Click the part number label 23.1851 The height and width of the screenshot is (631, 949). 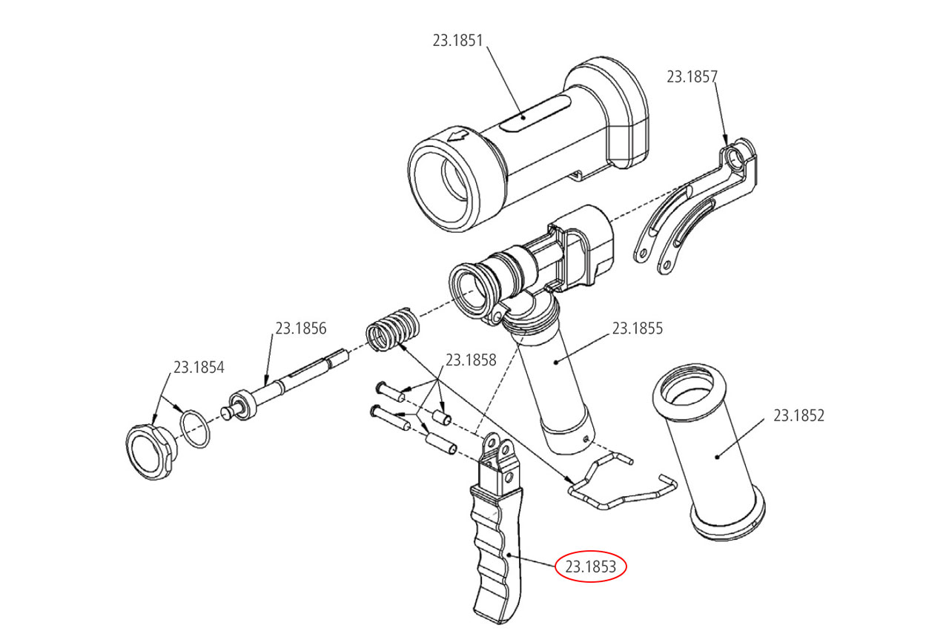coord(457,41)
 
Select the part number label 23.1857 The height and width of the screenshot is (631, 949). coord(692,76)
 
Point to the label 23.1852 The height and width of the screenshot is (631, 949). coord(798,415)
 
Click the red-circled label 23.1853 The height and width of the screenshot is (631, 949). coord(592,567)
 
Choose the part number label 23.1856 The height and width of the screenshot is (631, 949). coord(301,328)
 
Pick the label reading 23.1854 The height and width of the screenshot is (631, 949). coord(199,367)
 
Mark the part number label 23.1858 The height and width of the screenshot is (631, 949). coord(470,360)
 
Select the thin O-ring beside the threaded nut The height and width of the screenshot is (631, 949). coord(196,429)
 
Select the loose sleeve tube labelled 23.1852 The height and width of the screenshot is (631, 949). coord(715,452)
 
